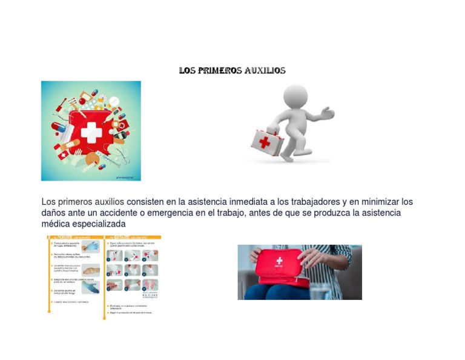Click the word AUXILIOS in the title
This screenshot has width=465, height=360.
(265, 70)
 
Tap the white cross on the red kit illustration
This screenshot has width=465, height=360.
(91, 133)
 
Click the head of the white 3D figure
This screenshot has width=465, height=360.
(295, 96)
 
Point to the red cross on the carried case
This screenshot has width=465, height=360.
(265, 142)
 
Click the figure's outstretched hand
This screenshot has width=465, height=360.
(327, 113)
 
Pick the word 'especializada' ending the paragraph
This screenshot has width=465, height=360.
(99, 224)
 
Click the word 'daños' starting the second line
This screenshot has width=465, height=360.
(53, 213)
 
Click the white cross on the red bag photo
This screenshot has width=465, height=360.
(279, 261)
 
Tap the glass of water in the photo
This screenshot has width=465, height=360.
(318, 292)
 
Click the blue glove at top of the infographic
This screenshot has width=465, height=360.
(91, 246)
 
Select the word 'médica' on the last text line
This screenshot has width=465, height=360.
(55, 224)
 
